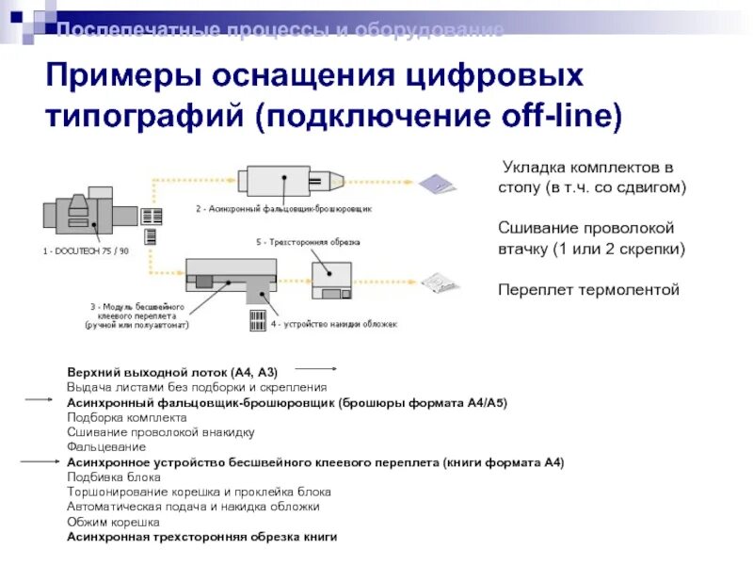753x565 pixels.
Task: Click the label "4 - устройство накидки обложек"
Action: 334,324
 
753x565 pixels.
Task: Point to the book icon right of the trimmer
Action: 438,282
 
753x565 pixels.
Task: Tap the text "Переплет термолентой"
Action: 588,289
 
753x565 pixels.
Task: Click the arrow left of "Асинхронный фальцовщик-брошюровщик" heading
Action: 39,400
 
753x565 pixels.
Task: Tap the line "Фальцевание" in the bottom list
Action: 105,446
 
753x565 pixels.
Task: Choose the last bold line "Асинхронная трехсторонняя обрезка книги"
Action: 201,537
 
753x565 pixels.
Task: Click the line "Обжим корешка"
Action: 113,522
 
